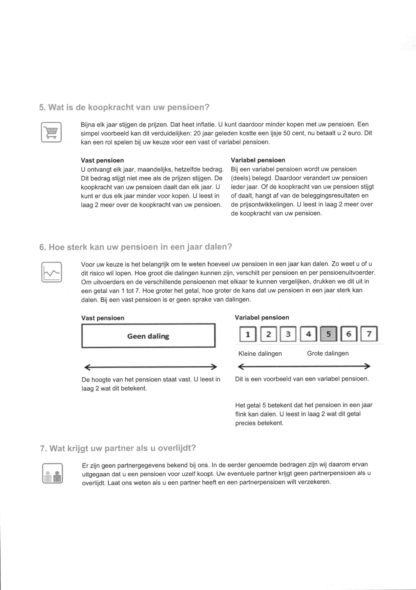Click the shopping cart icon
51,132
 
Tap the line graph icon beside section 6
51,272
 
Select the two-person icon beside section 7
53,473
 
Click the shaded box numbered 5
328,334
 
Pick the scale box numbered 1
248,334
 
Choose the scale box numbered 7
369,334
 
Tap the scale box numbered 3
288,334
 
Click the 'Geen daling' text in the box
148,336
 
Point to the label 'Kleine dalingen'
260,354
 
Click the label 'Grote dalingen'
328,353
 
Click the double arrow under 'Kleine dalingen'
304,367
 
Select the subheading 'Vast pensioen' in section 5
102,160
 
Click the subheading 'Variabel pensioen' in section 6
262,318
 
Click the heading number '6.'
42,247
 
